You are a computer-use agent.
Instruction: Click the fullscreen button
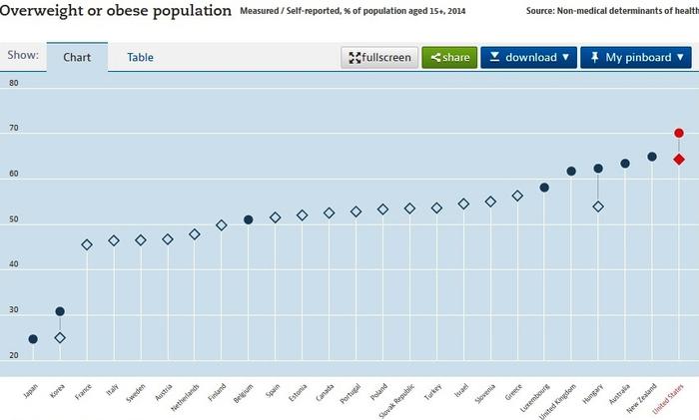pos(379,57)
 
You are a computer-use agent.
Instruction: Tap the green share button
pos(449,57)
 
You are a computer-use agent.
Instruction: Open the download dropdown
pos(528,57)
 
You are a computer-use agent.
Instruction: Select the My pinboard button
pos(635,57)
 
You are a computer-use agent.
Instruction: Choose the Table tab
pos(140,57)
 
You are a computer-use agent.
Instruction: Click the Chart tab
pos(77,57)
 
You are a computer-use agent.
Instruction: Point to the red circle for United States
pos(679,133)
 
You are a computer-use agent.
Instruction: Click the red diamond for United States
pos(679,159)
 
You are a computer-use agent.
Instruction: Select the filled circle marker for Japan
pos(33,339)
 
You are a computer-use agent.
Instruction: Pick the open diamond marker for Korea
pos(60,338)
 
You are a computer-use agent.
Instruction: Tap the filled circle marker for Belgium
pos(249,219)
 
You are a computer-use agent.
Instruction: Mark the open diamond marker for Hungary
pos(598,207)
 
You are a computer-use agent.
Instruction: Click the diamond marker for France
pos(87,244)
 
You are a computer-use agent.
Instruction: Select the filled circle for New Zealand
pos(652,157)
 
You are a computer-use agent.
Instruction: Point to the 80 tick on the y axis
pos(14,83)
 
